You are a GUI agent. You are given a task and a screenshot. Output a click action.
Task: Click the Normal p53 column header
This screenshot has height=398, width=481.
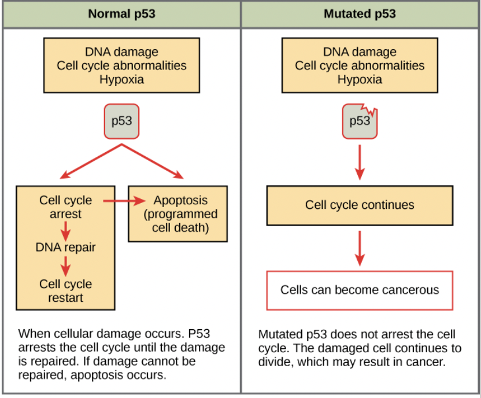tap(121, 14)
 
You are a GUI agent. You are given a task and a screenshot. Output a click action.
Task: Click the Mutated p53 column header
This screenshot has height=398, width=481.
tap(360, 14)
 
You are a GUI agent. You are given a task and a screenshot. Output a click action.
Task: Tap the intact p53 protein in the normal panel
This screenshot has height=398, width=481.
tap(121, 121)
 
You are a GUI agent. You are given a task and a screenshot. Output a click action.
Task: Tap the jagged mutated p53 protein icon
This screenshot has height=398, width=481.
tap(359, 121)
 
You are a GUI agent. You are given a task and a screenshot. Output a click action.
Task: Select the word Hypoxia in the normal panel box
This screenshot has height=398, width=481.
tap(121, 79)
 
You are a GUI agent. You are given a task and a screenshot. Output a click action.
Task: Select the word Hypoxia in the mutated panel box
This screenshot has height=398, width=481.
tap(360, 79)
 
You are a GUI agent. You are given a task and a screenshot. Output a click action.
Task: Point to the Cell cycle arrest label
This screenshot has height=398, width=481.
tap(65, 207)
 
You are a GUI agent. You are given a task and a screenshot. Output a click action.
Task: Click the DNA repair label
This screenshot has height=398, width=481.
tap(65, 248)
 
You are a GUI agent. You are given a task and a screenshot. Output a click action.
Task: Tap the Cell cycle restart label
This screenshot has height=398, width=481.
tap(65, 290)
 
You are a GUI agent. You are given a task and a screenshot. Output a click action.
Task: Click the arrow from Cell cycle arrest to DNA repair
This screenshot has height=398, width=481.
tap(65, 231)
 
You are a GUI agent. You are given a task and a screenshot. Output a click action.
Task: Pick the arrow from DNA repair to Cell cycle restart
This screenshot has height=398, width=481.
tap(65, 266)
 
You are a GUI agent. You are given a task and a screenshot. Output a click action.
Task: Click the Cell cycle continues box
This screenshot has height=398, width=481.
tap(360, 205)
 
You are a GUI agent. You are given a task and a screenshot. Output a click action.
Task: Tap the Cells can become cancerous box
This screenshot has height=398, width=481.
tap(360, 290)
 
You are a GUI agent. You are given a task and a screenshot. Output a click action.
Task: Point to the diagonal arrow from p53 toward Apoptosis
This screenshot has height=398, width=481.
tap(154, 161)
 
